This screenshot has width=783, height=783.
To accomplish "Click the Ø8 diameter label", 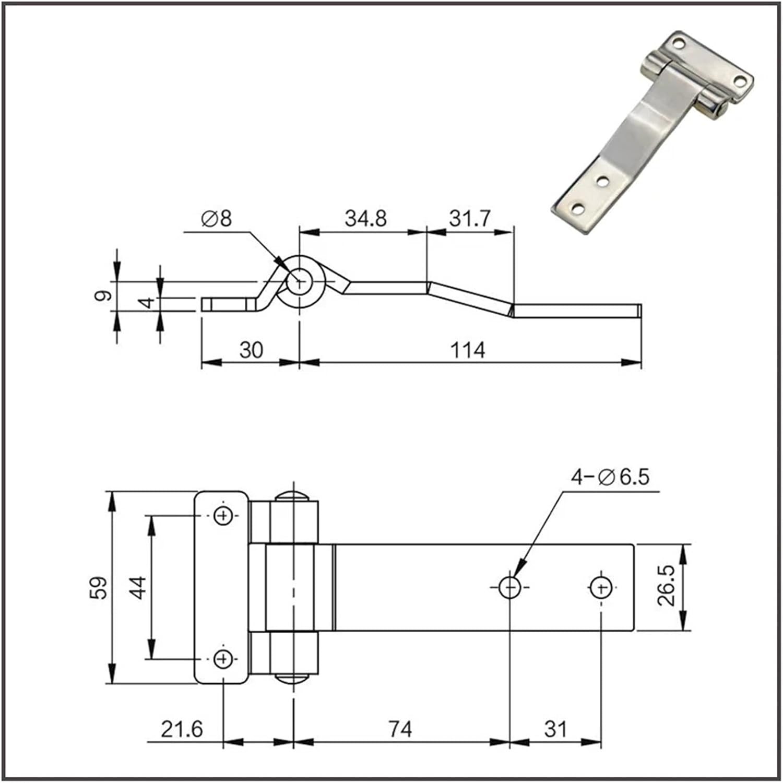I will coord(216,219).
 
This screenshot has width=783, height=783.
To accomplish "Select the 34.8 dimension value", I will coord(365,218).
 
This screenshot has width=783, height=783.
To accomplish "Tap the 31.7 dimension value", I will coord(469,218).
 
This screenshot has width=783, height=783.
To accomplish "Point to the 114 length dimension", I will coord(468,350).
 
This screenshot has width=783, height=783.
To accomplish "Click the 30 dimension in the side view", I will coord(251,350).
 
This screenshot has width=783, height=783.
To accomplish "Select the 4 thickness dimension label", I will coord(148,302).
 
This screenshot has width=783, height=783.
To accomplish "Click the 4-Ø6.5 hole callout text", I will coord(610,477).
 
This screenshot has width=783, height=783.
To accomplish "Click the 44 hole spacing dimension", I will coord(137,587).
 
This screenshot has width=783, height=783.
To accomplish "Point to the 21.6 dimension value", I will coord(181,729).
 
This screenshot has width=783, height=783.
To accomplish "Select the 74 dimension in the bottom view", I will coord(400,729).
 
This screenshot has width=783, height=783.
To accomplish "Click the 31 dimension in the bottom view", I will coord(555,729).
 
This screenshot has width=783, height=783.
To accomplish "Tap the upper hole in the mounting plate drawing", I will coord(223,516).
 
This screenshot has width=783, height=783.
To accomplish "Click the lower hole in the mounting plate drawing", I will coord(223,659).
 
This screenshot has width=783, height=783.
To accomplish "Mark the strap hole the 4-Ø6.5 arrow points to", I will coord(509,588).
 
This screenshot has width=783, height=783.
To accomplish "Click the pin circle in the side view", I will coord(299,282).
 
